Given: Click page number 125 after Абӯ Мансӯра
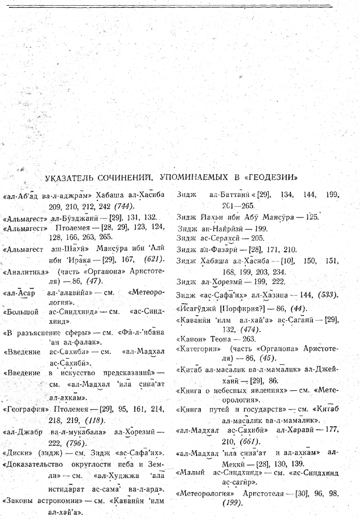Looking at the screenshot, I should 311,217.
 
